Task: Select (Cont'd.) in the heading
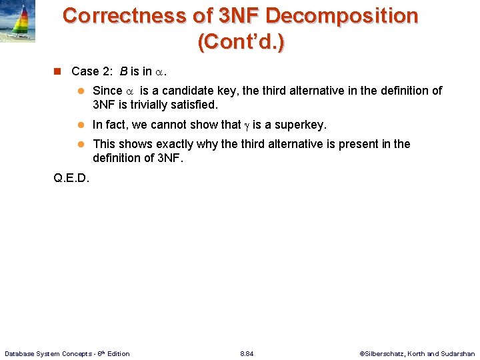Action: pyautogui.click(x=240, y=42)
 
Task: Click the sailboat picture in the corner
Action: pyautogui.click(x=19, y=22)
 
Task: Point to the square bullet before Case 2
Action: pyautogui.click(x=57, y=71)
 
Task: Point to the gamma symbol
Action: pyautogui.click(x=246, y=125)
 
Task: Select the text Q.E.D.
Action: pyautogui.click(x=71, y=178)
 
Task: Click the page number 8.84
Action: pyautogui.click(x=246, y=353)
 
